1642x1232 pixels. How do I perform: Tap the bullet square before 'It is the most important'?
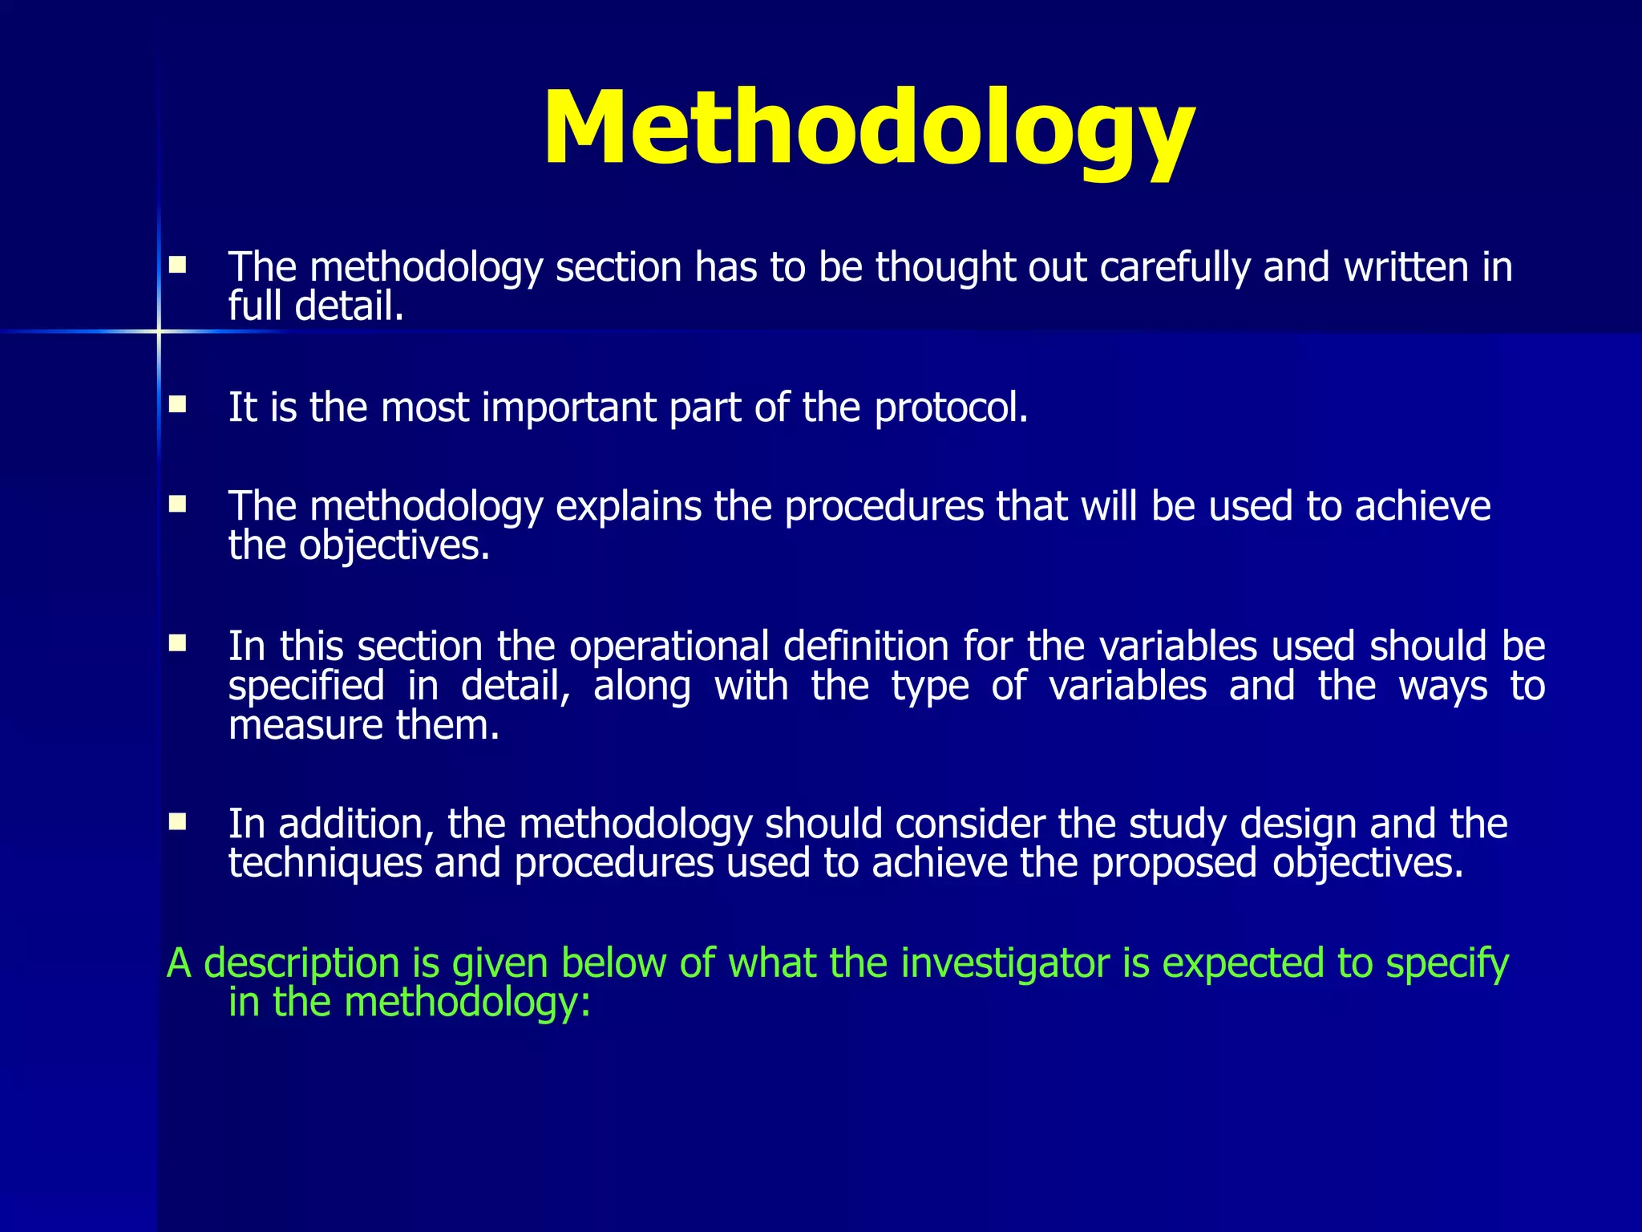click(177, 403)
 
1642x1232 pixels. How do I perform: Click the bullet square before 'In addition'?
click(177, 821)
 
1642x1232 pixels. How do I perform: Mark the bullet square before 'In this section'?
click(177, 642)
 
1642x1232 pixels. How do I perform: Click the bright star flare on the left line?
click(159, 331)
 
